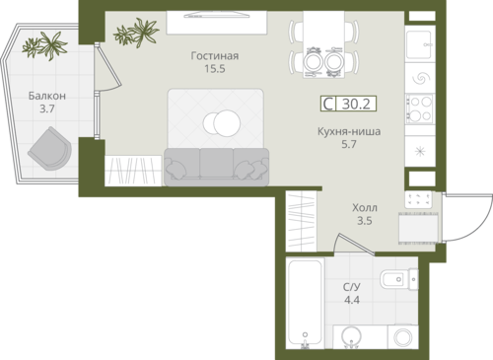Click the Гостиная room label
[215, 56]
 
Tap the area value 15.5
[215, 69]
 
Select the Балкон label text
[47, 96]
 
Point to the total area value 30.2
[356, 104]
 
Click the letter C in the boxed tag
[328, 104]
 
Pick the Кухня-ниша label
[349, 131]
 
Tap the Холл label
[365, 208]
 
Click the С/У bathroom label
[352, 287]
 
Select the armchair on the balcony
[50, 149]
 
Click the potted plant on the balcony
[45, 45]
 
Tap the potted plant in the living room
[136, 33]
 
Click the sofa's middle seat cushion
[216, 163]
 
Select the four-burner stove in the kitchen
[419, 108]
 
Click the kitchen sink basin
[419, 44]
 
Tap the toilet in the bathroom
[399, 279]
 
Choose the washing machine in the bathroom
[403, 337]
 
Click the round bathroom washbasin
[351, 336]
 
